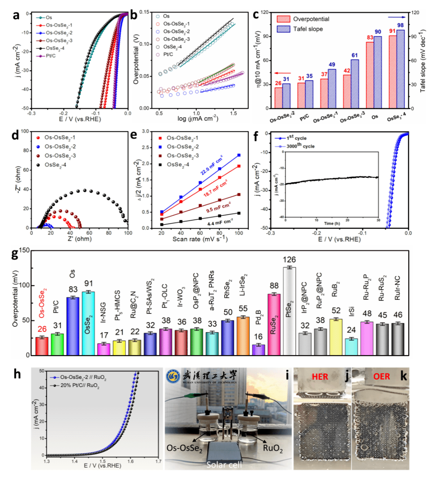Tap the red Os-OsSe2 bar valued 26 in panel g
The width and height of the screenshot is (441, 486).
click(x=42, y=346)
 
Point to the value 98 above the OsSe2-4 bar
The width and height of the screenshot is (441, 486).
click(x=400, y=25)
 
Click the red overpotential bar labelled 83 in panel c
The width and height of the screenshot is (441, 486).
click(x=370, y=75)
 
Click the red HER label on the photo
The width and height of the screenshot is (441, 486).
click(x=320, y=376)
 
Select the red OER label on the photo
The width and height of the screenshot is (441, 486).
click(x=381, y=376)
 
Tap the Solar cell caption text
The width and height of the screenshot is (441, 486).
click(x=224, y=465)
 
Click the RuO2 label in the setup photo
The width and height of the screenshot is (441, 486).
click(x=272, y=448)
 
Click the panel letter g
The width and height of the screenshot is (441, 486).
click(x=15, y=254)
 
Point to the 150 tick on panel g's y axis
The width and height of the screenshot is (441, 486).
click(x=24, y=251)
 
